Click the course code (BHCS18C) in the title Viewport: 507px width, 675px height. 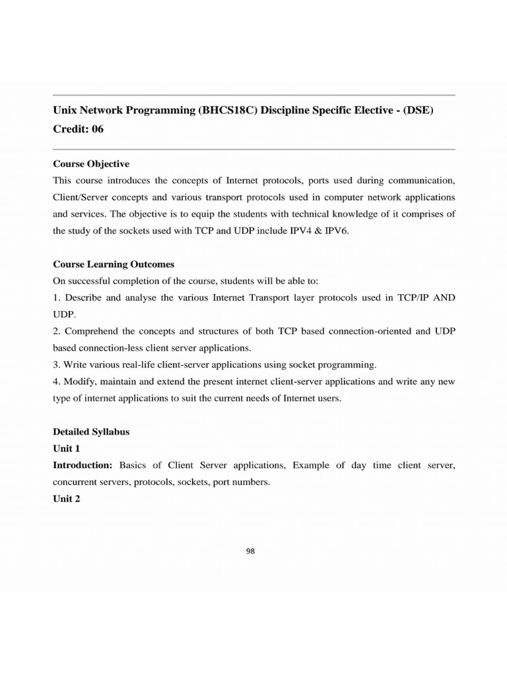point(228,111)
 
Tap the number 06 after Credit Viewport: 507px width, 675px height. point(98,129)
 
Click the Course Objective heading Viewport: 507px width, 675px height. point(91,163)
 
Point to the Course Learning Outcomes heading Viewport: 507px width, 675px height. point(114,264)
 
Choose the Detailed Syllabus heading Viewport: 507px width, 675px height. point(91,432)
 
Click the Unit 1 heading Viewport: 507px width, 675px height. point(67,448)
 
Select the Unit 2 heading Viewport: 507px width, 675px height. point(67,499)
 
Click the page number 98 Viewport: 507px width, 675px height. point(250,552)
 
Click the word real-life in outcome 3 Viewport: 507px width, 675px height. point(142,364)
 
